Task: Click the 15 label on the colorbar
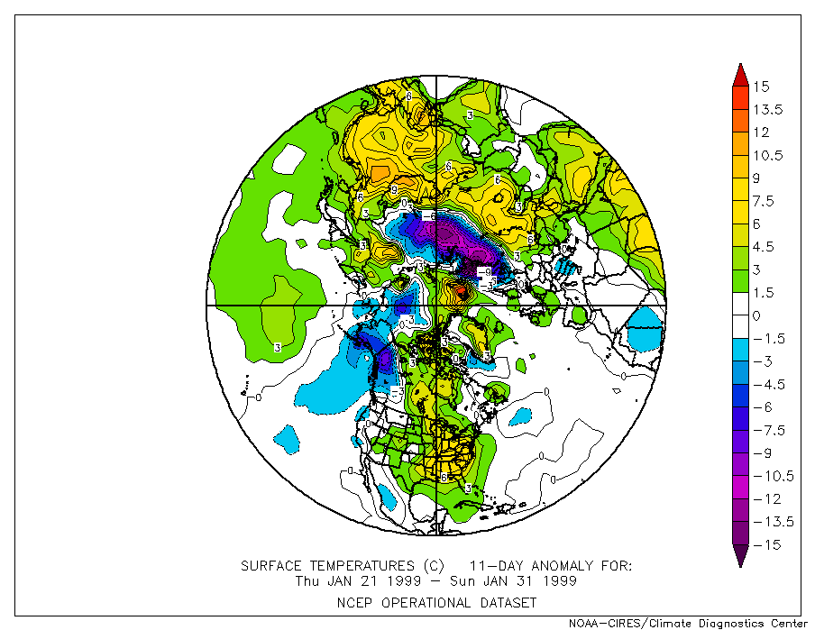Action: coord(762,87)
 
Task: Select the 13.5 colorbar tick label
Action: coord(769,110)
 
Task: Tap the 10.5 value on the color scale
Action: coord(769,155)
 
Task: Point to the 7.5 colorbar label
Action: coord(765,201)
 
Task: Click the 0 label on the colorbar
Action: coord(757,315)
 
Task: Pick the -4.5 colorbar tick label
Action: coord(769,384)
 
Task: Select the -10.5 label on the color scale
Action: coord(774,476)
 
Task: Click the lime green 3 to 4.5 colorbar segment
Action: coord(738,258)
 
